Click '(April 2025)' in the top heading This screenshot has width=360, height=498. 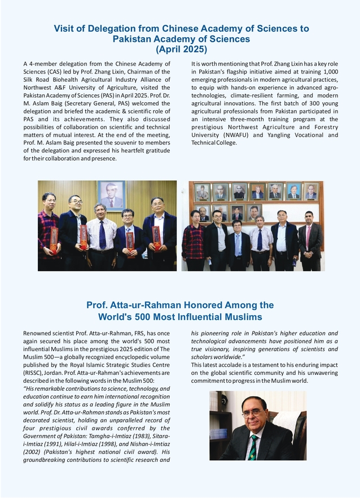point(181,50)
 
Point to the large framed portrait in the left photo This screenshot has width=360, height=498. point(111,194)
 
